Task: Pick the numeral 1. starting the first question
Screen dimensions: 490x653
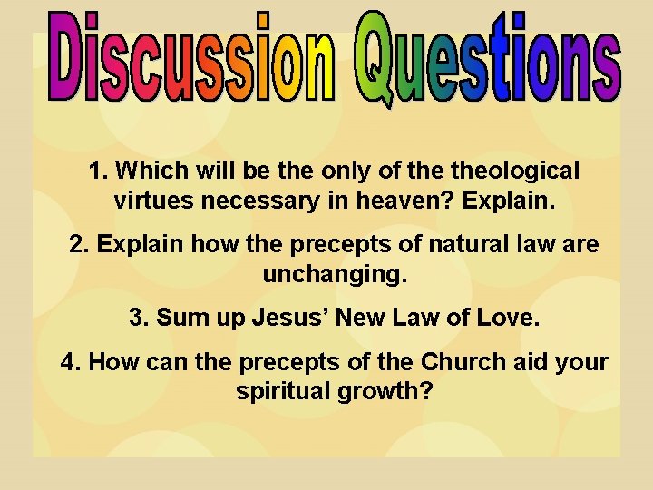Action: (99, 170)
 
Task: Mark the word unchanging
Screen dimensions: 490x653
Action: (336, 274)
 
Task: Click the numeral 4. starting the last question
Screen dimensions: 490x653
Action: (71, 363)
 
